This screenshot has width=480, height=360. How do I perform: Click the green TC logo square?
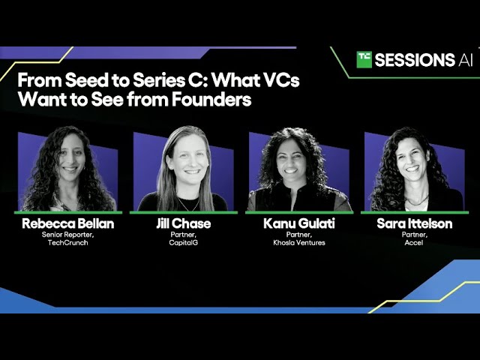(x=364, y=60)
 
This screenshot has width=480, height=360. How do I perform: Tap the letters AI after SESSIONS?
(x=465, y=60)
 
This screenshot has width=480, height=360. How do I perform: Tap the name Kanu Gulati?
(x=299, y=223)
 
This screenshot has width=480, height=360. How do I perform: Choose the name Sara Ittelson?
(x=414, y=223)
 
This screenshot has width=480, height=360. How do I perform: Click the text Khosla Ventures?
(x=299, y=242)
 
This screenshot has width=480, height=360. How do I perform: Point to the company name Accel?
(x=414, y=242)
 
